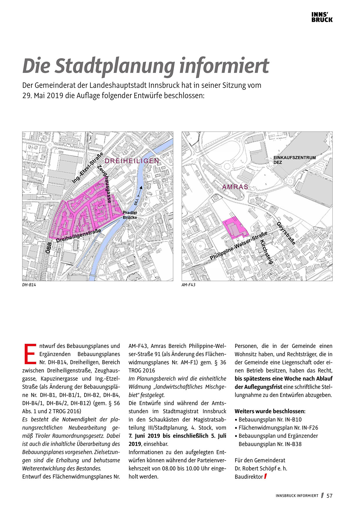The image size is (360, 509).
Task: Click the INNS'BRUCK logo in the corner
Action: click(x=322, y=17)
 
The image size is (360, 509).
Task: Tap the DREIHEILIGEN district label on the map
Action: click(x=132, y=161)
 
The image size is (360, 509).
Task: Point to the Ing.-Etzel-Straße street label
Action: click(x=88, y=167)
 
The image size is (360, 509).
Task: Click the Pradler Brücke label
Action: click(x=130, y=215)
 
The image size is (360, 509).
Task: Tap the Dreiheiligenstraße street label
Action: click(x=78, y=236)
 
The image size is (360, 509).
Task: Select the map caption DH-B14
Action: click(x=29, y=285)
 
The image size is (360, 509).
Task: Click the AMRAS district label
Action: click(x=235, y=187)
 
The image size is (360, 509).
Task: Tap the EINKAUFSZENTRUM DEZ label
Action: click(x=294, y=160)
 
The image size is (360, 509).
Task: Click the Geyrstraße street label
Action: click(x=286, y=233)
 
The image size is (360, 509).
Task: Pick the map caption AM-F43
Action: click(x=188, y=285)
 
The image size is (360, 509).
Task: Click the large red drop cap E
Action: click(x=30, y=353)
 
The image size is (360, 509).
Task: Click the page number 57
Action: click(x=329, y=496)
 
